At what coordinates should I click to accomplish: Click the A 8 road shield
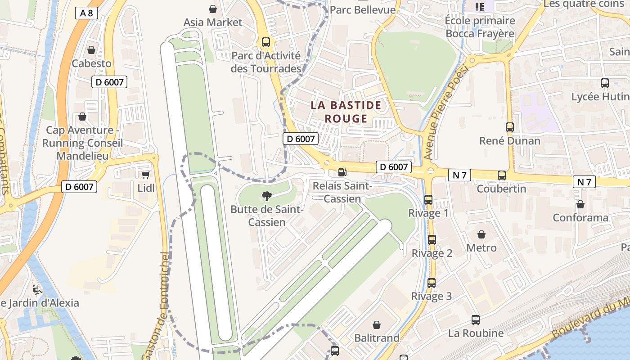(86, 13)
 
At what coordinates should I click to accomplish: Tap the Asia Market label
(213, 22)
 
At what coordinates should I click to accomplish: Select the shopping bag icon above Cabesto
(91, 50)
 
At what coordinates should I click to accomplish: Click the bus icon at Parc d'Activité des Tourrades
(266, 42)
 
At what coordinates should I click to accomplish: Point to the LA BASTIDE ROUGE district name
(346, 112)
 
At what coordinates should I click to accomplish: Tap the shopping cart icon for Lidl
(145, 175)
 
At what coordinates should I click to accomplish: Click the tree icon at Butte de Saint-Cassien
(267, 195)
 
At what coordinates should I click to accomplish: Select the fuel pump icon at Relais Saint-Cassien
(342, 172)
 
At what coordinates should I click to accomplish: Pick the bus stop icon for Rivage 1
(428, 199)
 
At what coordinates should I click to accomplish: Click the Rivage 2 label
(432, 253)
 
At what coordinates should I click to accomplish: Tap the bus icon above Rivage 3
(432, 283)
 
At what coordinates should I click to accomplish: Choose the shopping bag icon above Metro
(481, 234)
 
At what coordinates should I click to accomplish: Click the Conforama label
(580, 218)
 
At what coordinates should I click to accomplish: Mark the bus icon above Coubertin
(502, 175)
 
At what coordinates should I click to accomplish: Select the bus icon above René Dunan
(510, 127)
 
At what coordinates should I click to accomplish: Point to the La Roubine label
(476, 333)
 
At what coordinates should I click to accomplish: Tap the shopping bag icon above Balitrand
(377, 324)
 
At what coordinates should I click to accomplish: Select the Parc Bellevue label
(363, 10)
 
